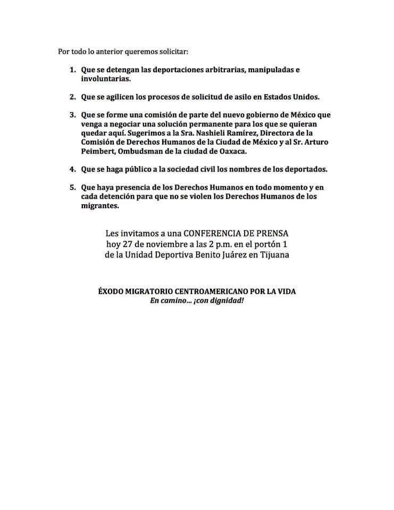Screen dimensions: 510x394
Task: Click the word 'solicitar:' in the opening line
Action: (x=172, y=52)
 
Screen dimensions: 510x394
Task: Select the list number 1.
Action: (x=72, y=70)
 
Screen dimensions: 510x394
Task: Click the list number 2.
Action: (x=72, y=97)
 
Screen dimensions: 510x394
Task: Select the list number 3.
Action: (x=72, y=115)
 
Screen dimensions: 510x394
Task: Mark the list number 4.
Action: (x=72, y=169)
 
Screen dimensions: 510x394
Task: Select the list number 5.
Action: (x=72, y=188)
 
